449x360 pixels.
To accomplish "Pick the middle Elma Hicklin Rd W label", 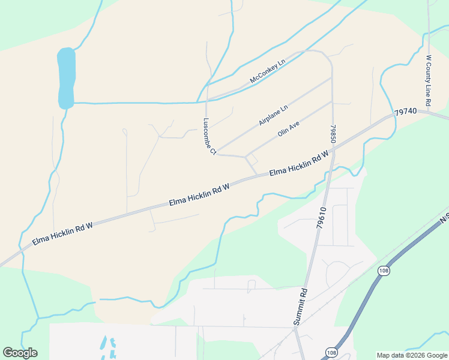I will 199,196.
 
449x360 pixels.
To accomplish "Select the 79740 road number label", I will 406,112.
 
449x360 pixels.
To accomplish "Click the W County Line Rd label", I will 429,83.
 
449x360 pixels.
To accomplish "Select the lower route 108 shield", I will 331,352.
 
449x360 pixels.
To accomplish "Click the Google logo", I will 20,353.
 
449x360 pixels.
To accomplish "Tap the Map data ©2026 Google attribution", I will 412,355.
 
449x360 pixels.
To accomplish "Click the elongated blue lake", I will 66,79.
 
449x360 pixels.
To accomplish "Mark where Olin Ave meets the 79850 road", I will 332,101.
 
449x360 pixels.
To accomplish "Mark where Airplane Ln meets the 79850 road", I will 332,77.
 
